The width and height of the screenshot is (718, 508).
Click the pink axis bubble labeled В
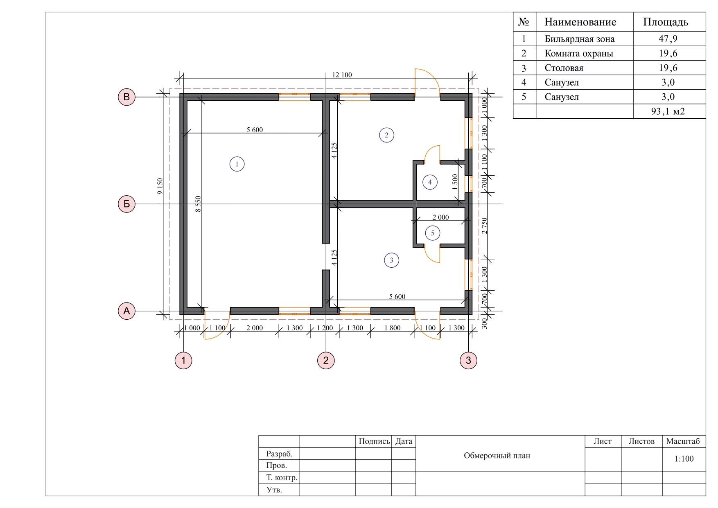click(x=126, y=97)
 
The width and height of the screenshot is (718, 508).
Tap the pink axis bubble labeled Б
click(x=126, y=204)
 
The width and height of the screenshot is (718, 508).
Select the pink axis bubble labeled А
click(x=126, y=311)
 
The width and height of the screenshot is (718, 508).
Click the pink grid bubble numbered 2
click(x=326, y=360)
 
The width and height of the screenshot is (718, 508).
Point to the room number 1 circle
click(x=237, y=164)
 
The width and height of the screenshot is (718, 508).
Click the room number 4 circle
click(x=430, y=182)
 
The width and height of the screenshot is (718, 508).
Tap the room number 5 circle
click(x=433, y=233)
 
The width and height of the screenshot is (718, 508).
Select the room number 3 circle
click(x=391, y=260)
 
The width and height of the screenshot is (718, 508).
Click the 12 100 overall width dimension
click(x=342, y=75)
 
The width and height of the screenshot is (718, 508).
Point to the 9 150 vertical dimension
click(x=160, y=186)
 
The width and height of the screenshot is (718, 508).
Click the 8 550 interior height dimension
click(x=198, y=204)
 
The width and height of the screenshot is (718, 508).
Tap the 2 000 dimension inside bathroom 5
click(x=440, y=217)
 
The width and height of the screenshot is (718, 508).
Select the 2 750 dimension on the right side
click(x=485, y=226)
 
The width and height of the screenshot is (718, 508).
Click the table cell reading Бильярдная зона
click(x=580, y=39)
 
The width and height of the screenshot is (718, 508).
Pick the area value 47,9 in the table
click(x=668, y=39)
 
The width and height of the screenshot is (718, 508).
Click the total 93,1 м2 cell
click(x=668, y=111)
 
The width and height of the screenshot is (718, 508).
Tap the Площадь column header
click(x=666, y=22)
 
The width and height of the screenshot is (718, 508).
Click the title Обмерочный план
click(x=497, y=456)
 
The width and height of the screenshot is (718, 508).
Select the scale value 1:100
click(x=684, y=459)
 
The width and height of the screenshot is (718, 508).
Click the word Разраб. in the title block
click(x=280, y=454)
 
